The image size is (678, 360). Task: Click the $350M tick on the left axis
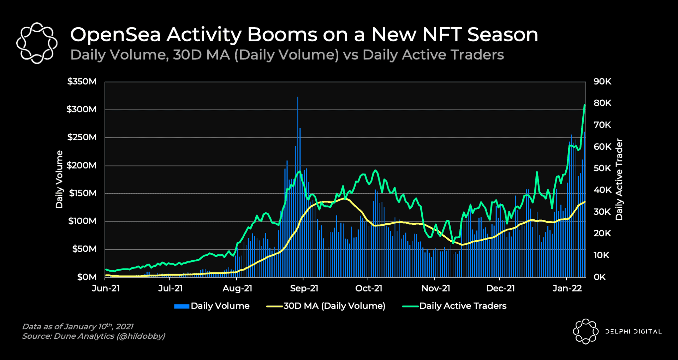point(82,82)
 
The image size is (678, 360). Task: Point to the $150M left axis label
point(83,193)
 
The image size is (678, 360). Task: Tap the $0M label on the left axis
point(87,277)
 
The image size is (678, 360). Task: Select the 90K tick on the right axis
point(602,82)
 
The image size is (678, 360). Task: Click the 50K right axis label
point(602,168)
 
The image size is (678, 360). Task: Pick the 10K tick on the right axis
point(602,255)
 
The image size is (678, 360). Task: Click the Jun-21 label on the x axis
point(106,288)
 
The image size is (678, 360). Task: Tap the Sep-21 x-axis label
point(304,288)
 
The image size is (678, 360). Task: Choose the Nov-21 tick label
point(436,288)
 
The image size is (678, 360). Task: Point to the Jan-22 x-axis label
point(567,288)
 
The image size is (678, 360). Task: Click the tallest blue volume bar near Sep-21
point(298,98)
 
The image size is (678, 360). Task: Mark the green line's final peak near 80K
point(585,105)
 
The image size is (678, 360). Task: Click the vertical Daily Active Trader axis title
point(619,179)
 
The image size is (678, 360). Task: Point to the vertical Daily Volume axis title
point(59,179)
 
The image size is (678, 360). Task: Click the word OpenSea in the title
point(115,35)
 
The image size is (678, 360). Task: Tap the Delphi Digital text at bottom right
point(634,331)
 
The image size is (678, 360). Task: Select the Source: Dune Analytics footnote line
point(94,336)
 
